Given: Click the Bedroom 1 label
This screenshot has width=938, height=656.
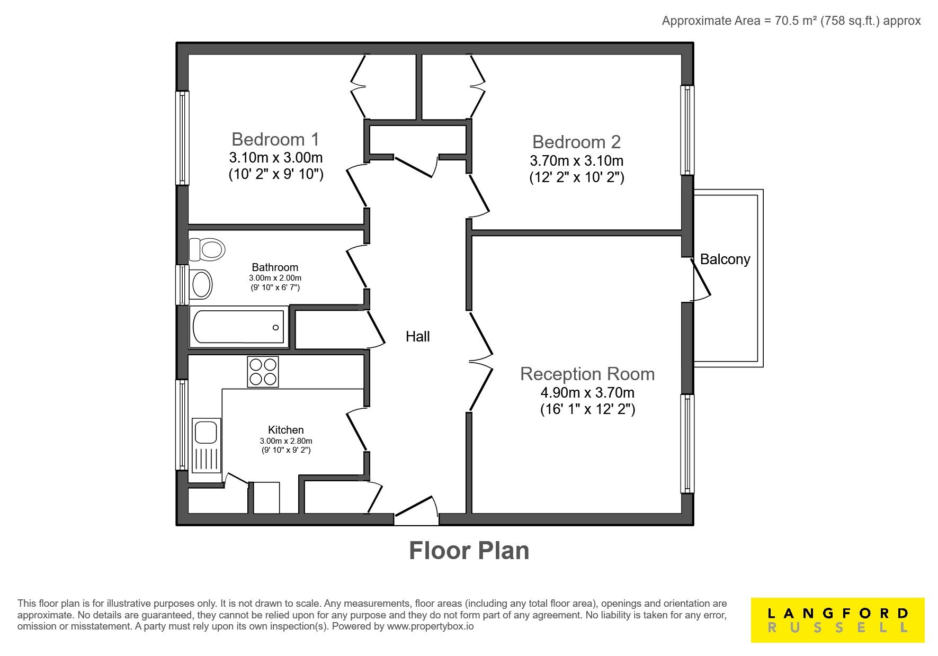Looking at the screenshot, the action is point(275,139).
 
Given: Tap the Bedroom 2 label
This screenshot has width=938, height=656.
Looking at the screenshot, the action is point(576,142).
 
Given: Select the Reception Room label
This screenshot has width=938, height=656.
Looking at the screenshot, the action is point(587,374).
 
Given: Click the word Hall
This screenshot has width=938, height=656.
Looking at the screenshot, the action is point(417,336).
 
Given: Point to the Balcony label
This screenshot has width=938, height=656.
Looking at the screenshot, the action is point(725,259).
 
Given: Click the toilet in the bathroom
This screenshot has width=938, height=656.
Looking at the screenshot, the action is point(207,249).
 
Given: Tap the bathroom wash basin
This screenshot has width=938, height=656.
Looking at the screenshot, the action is point(201,284).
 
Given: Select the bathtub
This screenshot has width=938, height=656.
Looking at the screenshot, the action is point(239,327).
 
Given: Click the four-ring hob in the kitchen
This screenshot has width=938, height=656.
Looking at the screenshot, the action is point(263,372).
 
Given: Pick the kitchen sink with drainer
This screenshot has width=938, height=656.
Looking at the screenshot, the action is point(207,445).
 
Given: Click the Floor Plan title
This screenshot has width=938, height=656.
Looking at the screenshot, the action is point(469,551).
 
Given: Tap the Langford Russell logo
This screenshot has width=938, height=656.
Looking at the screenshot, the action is point(837,620).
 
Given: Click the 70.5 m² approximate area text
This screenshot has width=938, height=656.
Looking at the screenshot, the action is point(791,21).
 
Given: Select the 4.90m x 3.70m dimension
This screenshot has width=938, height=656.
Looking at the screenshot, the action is point(587,393).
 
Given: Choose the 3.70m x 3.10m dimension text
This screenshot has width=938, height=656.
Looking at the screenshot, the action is point(577,161).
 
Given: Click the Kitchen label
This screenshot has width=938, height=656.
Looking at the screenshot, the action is point(286,430).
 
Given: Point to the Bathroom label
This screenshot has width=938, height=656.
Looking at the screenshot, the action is point(275,267).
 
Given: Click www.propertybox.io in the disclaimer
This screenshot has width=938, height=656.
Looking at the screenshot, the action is point(430,626).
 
